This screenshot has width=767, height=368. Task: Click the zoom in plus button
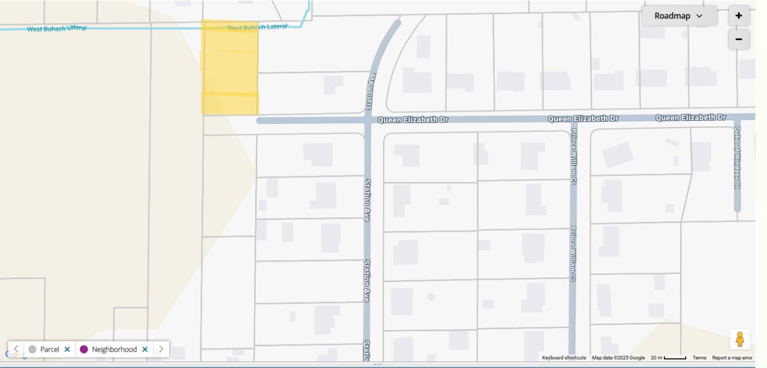click(x=739, y=16)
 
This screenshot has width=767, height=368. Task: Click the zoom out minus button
click(x=739, y=39)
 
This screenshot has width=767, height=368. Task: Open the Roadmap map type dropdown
click(x=679, y=16)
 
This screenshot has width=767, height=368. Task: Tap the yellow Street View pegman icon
click(x=739, y=339)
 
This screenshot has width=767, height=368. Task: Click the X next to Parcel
click(x=67, y=350)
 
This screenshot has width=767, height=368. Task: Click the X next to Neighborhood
click(x=145, y=350)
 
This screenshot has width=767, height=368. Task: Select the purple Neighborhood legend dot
click(x=84, y=350)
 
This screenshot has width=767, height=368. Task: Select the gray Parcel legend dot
click(x=32, y=350)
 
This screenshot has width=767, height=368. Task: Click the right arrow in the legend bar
click(x=161, y=349)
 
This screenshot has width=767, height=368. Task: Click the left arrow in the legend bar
click(x=16, y=349)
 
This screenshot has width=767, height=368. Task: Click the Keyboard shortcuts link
click(x=563, y=358)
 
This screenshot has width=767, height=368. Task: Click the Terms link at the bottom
click(x=699, y=358)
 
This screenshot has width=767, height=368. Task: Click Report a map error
click(x=732, y=358)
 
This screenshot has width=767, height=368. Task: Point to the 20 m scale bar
click(x=674, y=358)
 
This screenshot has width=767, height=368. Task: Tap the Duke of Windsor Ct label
click(x=737, y=157)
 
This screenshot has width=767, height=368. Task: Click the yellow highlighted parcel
click(x=230, y=67)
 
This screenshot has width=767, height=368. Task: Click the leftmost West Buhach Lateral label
click(x=56, y=29)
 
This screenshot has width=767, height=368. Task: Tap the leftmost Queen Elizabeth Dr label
click(x=413, y=120)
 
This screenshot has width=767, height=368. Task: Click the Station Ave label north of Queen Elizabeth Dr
click(x=371, y=91)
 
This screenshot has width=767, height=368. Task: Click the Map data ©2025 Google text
click(x=618, y=358)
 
